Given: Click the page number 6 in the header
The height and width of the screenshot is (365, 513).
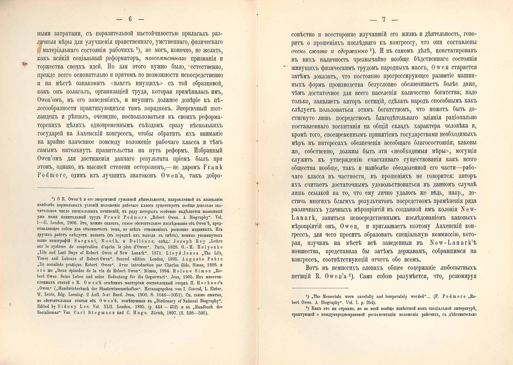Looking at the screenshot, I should (130, 19).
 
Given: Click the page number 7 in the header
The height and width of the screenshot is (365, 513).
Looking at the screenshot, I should (384, 20).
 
